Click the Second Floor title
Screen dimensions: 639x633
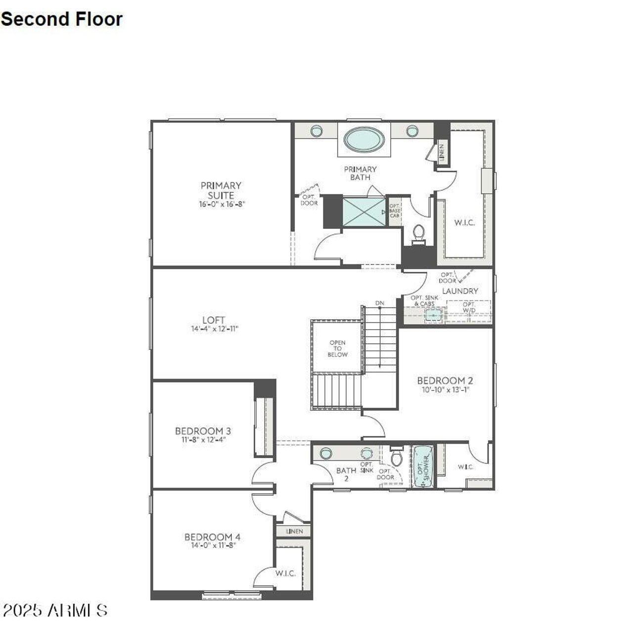[61, 19]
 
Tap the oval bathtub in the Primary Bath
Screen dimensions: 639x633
[364, 139]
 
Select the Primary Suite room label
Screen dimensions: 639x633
[221, 190]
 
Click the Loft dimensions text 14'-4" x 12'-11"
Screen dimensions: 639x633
[215, 329]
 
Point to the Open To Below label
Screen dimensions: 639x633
[337, 348]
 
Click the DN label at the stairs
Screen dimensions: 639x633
[379, 303]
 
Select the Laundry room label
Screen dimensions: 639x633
[460, 291]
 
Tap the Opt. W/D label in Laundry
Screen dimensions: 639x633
[469, 307]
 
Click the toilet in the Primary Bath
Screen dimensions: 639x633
[418, 234]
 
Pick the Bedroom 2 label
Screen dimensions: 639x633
[445, 381]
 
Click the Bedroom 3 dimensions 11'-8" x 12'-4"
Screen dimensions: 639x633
[203, 439]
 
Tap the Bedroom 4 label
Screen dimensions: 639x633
[212, 537]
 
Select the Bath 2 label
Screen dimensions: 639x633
[346, 474]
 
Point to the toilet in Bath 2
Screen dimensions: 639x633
[397, 457]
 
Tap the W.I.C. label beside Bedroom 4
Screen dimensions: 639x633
[285, 573]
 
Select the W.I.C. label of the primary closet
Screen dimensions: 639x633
[464, 223]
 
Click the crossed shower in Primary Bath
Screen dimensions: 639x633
[363, 212]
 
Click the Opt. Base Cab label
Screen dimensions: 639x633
[394, 211]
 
